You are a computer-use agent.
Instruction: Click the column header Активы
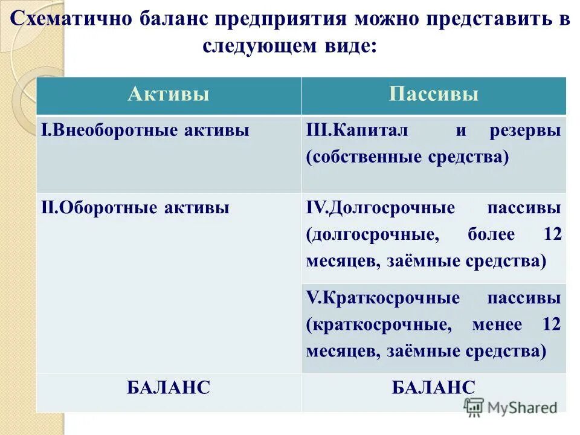point(169,95)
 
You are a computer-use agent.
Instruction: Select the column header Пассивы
point(434,95)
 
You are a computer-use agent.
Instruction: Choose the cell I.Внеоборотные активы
point(145,131)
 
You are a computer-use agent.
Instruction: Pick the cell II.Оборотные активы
point(135,208)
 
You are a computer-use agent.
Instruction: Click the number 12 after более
point(551,235)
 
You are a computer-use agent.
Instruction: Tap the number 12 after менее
point(551,324)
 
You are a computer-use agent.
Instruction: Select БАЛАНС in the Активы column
point(169,387)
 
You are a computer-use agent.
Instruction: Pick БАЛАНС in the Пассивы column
point(433,387)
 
